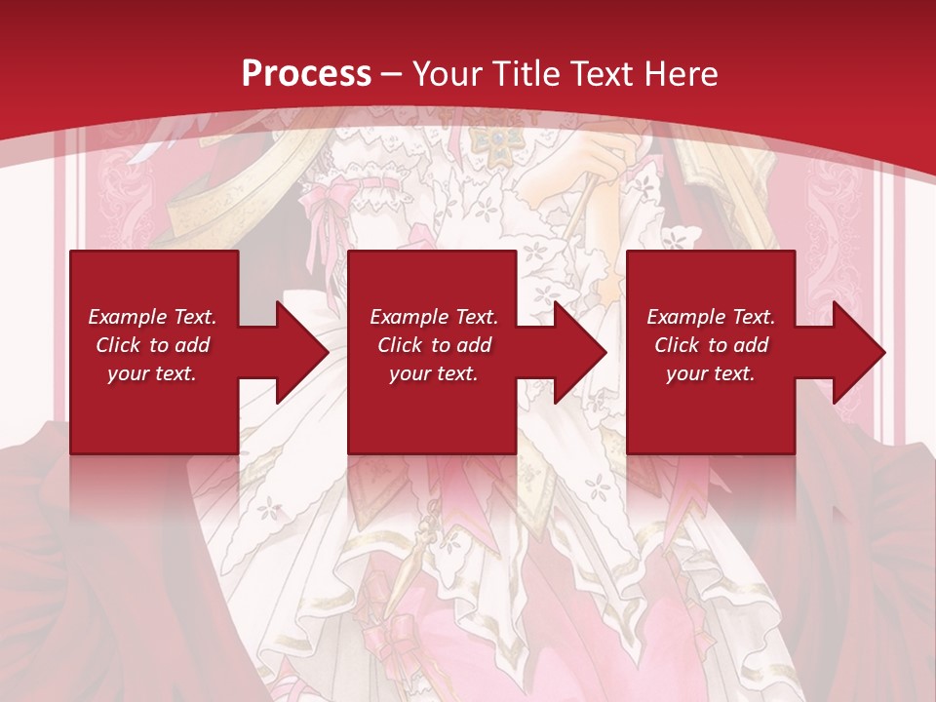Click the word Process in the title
click(x=306, y=73)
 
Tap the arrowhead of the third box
click(x=859, y=352)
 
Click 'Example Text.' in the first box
click(x=152, y=317)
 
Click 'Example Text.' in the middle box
click(x=434, y=317)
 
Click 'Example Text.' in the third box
click(x=711, y=317)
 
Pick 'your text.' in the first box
click(x=152, y=373)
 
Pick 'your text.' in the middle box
click(x=434, y=373)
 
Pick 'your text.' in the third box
click(x=711, y=373)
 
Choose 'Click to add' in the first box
click(x=152, y=345)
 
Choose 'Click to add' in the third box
click(x=711, y=345)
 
